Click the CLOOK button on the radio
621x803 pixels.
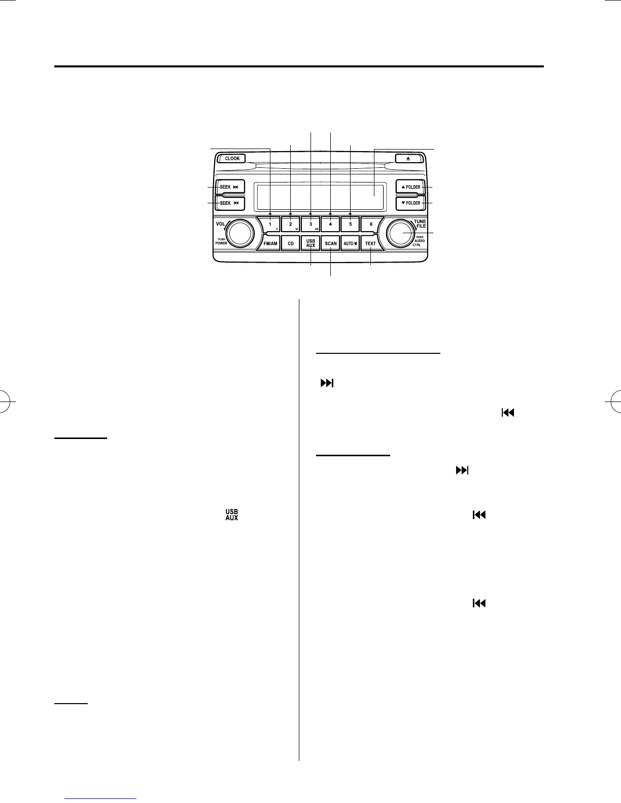click(232, 159)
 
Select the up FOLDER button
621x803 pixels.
click(410, 187)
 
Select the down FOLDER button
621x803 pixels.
click(410, 203)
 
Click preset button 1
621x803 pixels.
click(270, 224)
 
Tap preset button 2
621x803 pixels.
click(291, 224)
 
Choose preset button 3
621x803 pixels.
click(310, 224)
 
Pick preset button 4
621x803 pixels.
click(330, 224)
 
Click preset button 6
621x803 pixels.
click(371, 224)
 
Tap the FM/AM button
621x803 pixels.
click(270, 243)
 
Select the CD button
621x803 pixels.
click(291, 243)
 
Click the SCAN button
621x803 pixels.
click(331, 243)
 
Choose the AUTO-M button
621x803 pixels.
click(351, 243)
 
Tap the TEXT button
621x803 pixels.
click(371, 243)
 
